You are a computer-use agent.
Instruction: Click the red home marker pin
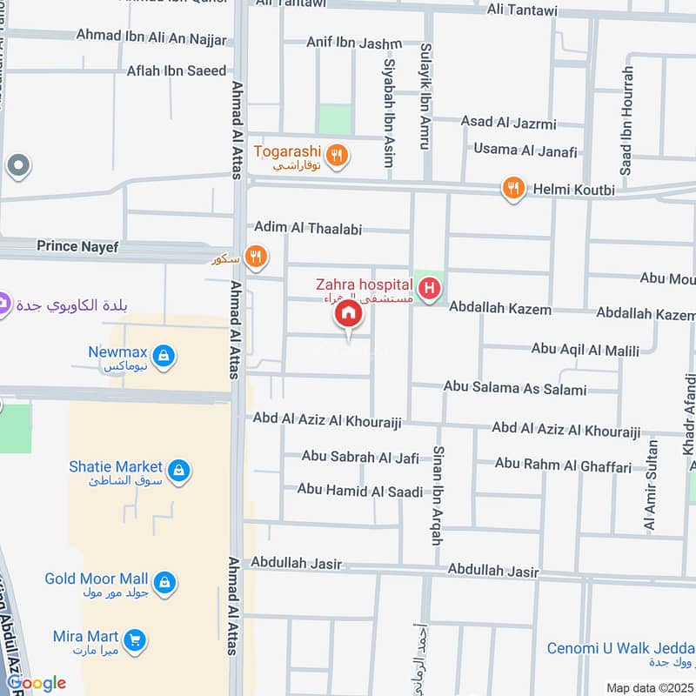click(x=349, y=315)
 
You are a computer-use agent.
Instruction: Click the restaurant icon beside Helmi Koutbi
click(x=513, y=188)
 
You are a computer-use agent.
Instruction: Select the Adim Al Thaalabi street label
click(x=307, y=228)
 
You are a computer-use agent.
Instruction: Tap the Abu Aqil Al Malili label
click(x=585, y=350)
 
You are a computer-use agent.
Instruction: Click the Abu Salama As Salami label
click(x=514, y=389)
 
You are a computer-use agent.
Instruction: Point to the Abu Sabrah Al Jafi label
click(x=360, y=457)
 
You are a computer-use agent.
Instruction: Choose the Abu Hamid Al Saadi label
click(x=359, y=491)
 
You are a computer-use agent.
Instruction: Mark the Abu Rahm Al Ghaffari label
click(x=563, y=466)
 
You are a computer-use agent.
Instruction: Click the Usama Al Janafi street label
click(x=525, y=151)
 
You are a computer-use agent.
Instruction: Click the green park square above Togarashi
click(x=335, y=120)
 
